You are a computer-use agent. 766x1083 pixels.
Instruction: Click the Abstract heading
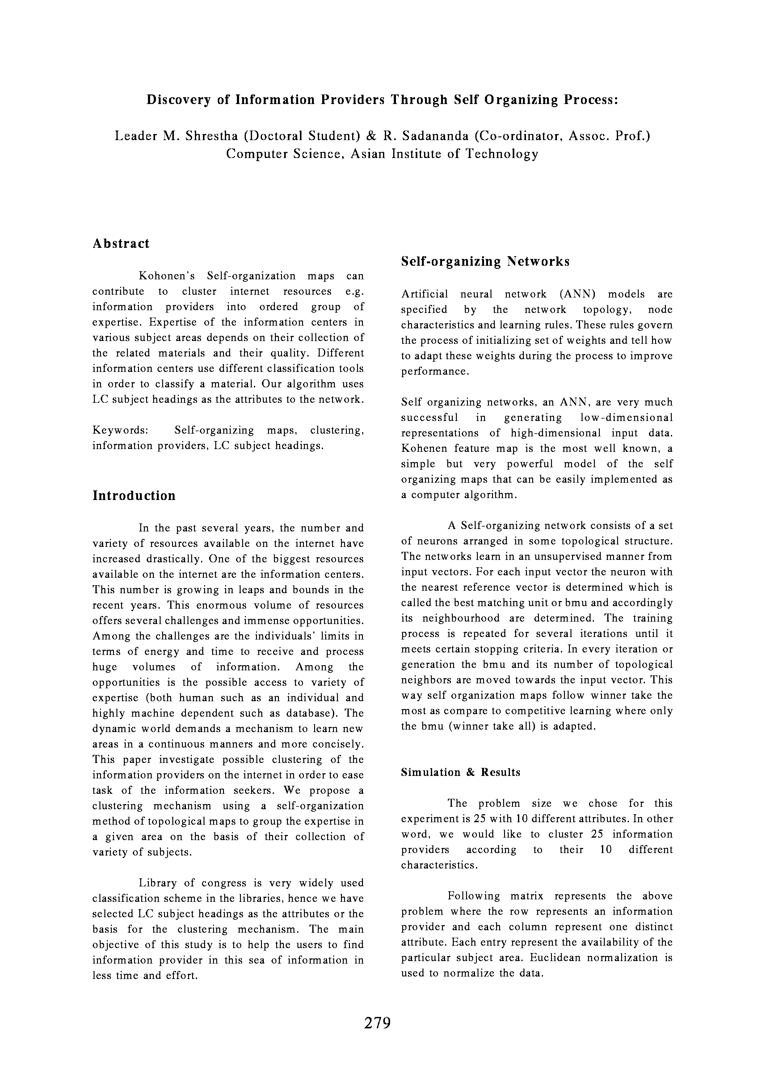tap(121, 244)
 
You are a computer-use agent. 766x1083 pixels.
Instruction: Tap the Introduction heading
tap(134, 496)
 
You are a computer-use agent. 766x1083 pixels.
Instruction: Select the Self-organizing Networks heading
tap(485, 262)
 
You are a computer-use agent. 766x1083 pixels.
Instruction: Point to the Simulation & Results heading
tap(461, 772)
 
